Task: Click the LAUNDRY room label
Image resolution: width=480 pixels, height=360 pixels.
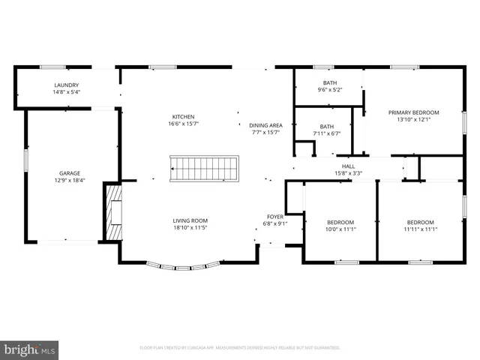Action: (x=67, y=85)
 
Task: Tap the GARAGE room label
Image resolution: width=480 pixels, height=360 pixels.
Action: (x=70, y=173)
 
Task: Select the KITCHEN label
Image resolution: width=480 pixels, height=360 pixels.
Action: (x=184, y=117)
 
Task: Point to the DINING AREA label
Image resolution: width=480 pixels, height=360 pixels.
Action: (x=265, y=124)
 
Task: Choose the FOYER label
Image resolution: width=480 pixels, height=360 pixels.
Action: (x=275, y=216)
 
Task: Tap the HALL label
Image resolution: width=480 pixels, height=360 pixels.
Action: (x=348, y=166)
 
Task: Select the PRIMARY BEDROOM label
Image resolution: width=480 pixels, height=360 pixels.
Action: (x=413, y=112)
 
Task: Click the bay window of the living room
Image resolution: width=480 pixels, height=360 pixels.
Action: (x=184, y=265)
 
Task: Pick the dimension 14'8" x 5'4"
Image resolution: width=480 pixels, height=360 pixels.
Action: (x=67, y=93)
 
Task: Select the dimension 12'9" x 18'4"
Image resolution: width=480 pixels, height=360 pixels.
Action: (x=70, y=181)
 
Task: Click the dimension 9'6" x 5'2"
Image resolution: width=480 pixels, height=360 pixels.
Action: (x=330, y=90)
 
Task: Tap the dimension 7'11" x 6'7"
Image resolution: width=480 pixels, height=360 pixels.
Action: (x=327, y=134)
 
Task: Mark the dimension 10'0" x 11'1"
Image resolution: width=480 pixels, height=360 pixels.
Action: (x=341, y=229)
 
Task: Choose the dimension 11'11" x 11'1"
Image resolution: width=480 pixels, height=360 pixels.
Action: (x=420, y=229)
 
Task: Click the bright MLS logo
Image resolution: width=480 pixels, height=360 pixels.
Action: (x=30, y=350)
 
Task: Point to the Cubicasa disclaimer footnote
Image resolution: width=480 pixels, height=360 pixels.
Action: (x=240, y=348)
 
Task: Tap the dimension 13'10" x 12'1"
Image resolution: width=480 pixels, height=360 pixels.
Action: (x=413, y=120)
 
